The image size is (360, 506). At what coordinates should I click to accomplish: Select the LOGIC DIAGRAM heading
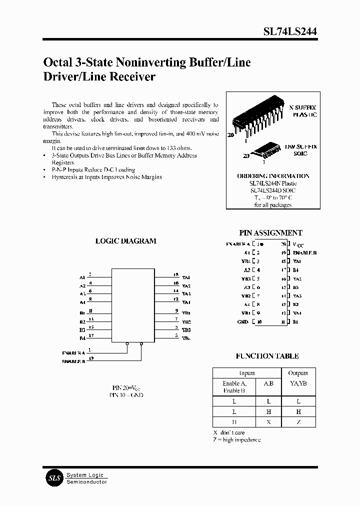tap(125, 240)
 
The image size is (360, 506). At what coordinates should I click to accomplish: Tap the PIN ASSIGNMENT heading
tap(271, 232)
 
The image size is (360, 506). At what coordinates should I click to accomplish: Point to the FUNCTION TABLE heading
tap(267, 356)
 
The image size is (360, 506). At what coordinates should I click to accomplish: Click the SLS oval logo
tap(54, 478)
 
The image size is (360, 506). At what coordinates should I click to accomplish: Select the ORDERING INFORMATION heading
tap(273, 176)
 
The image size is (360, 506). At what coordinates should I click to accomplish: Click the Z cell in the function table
tap(298, 422)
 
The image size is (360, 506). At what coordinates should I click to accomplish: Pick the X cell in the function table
tap(268, 422)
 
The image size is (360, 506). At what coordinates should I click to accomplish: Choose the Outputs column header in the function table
tap(298, 373)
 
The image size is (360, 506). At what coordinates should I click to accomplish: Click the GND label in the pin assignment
tap(243, 321)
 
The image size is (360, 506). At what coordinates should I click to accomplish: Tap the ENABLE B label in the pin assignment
tap(304, 252)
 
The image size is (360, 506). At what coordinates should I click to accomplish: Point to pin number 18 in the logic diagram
tap(176, 275)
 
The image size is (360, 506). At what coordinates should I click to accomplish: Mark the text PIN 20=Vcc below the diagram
tap(125, 387)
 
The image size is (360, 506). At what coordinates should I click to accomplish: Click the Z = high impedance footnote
tap(236, 439)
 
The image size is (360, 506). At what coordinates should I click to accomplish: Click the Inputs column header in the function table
tap(246, 373)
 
